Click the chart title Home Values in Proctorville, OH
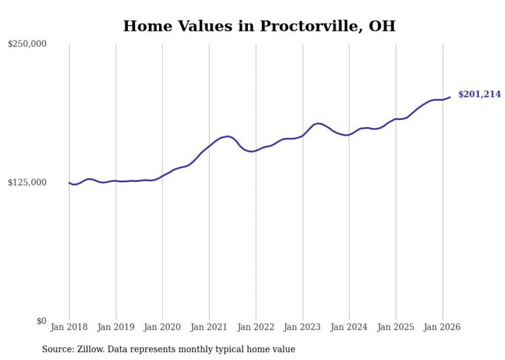click(x=259, y=26)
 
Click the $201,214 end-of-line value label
click(x=479, y=94)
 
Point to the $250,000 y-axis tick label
click(x=27, y=44)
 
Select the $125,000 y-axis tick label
click(x=27, y=183)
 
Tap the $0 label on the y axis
click(x=41, y=321)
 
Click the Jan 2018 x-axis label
click(x=69, y=327)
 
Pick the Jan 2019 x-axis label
click(x=116, y=327)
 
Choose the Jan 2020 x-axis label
click(x=162, y=327)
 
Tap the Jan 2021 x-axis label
click(x=209, y=327)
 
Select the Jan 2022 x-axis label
click(x=256, y=327)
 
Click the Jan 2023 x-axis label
click(x=302, y=327)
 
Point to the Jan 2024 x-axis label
click(x=349, y=327)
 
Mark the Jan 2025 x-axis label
click(x=396, y=327)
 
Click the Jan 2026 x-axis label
click(x=442, y=327)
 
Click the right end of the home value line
click(x=450, y=97)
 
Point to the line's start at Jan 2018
click(x=69, y=182)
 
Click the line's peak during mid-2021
click(x=228, y=136)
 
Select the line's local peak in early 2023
click(x=318, y=123)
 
